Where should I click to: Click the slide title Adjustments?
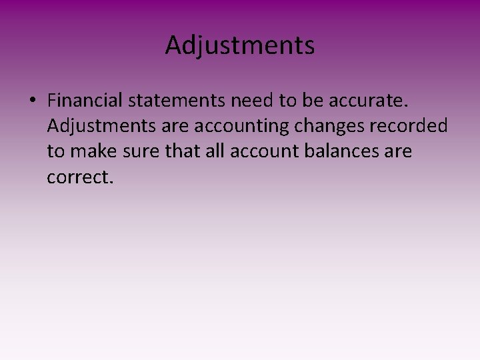click(240, 46)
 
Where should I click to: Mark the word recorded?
click(415, 127)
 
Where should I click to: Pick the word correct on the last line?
click(77, 177)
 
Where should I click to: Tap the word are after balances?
click(399, 152)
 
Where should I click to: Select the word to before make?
click(55, 152)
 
